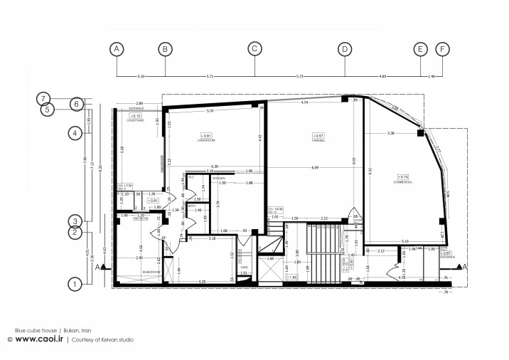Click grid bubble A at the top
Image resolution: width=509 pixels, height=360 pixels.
(117, 49)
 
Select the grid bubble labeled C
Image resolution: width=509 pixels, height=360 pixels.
(254, 49)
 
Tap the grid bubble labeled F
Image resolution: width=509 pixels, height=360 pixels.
(443, 49)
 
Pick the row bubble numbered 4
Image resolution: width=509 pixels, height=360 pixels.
(73, 132)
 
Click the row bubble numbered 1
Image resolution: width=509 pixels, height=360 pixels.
(73, 284)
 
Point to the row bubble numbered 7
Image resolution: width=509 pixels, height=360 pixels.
(44, 98)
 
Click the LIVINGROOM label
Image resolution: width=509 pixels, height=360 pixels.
(206, 141)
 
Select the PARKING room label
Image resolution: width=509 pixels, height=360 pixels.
(318, 141)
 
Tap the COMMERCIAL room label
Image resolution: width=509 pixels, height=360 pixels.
(403, 182)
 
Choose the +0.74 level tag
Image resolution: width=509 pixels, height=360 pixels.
(403, 176)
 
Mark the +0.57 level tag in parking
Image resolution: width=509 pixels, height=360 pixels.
(318, 135)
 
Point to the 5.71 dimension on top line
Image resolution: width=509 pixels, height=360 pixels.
(209, 75)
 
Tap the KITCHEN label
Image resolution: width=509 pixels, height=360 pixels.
(220, 178)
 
